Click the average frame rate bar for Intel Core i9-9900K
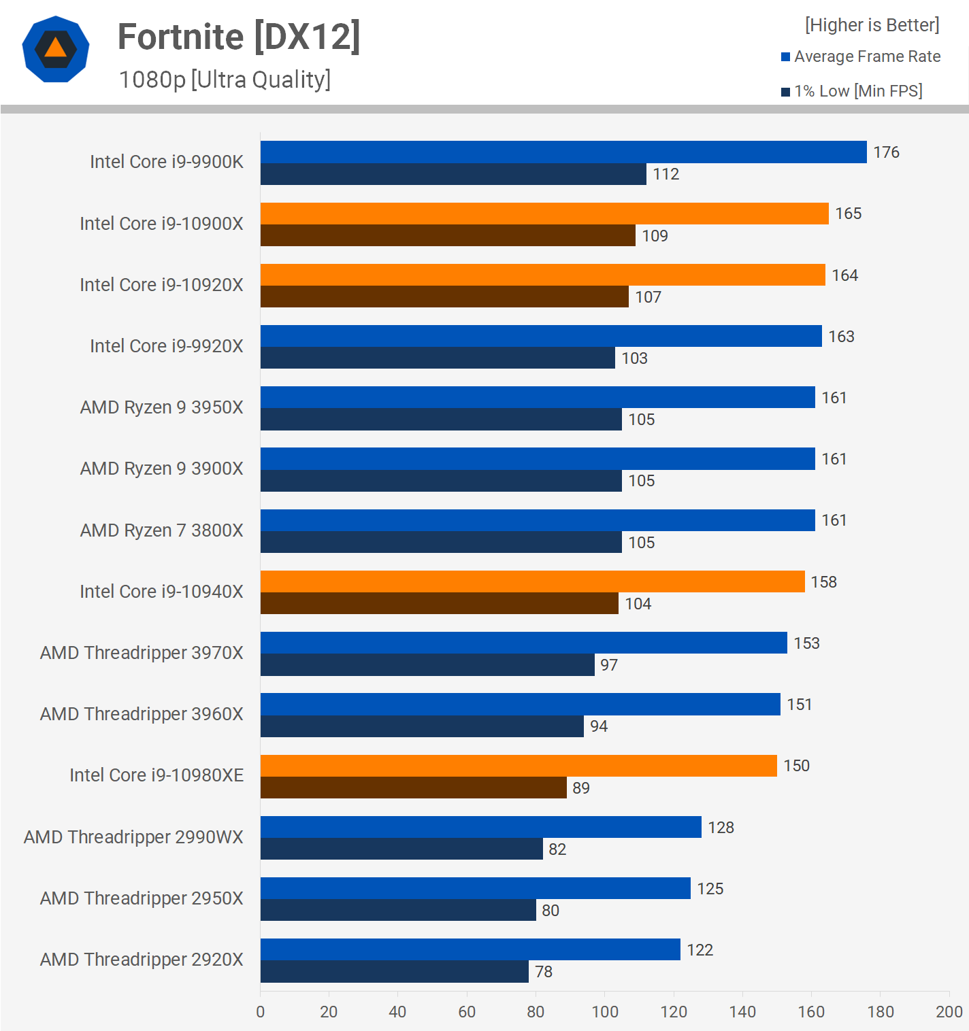coord(563,152)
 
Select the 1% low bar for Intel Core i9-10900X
coord(448,235)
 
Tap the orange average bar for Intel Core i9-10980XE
coord(519,766)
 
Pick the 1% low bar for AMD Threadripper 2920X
coord(395,971)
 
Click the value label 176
coord(886,152)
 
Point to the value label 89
coord(581,788)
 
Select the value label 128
coord(721,828)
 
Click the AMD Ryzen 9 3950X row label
coord(161,407)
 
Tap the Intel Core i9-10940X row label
coord(161,592)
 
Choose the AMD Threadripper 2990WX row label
coord(133,837)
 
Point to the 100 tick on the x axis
coord(605,1012)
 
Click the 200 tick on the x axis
coord(949,1012)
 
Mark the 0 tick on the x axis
coord(261,1012)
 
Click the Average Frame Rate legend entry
coord(861,56)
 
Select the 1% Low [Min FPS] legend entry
coord(852,91)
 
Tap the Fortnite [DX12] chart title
coord(239,37)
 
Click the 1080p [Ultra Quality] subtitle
coord(225,80)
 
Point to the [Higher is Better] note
coord(872,25)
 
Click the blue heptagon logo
coord(56,49)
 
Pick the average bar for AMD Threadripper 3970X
coord(524,643)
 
